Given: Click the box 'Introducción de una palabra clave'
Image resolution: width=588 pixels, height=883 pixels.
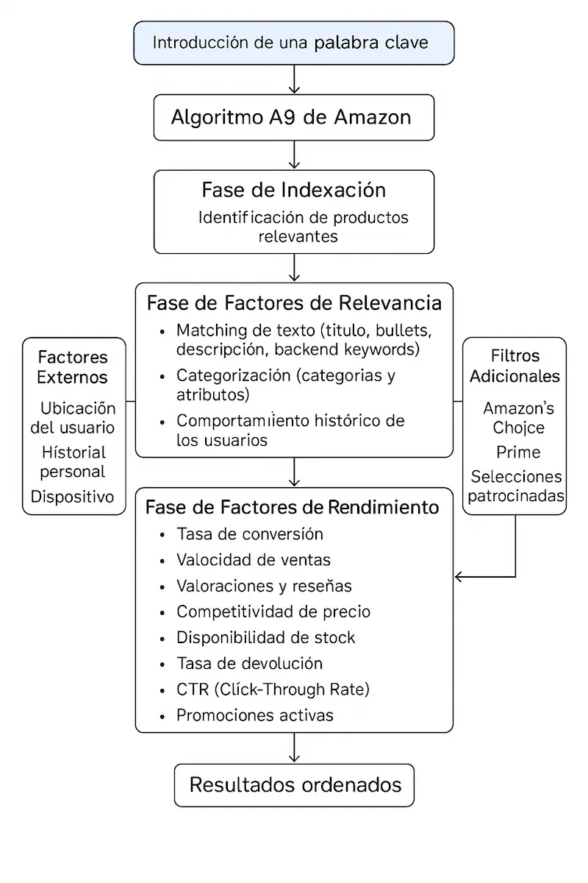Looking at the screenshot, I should pyautogui.click(x=294, y=43).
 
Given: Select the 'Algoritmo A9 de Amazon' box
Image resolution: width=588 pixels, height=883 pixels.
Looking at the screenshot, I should pyautogui.click(x=294, y=117).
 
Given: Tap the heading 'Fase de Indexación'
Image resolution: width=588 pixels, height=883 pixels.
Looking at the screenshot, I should pyautogui.click(x=294, y=190).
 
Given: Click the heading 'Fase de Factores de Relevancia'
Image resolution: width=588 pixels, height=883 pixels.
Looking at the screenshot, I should pyautogui.click(x=294, y=303).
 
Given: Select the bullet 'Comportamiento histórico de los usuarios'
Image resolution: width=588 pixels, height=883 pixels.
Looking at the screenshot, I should pyautogui.click(x=291, y=430).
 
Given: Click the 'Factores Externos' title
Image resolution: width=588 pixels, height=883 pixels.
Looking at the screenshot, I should pyautogui.click(x=73, y=367).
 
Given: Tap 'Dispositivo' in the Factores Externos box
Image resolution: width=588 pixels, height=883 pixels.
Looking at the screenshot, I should pyautogui.click(x=73, y=497).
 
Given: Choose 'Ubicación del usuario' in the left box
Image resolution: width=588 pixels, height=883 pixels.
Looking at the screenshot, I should pyautogui.click(x=78, y=417).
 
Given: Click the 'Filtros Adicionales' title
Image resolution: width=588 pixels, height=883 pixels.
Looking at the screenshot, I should pyautogui.click(x=514, y=366).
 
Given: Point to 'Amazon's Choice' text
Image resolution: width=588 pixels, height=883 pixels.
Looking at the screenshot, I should pyautogui.click(x=519, y=417).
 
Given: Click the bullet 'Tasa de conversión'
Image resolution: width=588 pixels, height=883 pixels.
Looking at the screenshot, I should pyautogui.click(x=250, y=534).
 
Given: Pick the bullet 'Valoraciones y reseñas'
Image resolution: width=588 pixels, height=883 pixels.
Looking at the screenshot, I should pyautogui.click(x=264, y=586).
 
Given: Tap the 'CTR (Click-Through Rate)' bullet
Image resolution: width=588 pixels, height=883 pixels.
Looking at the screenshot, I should pyautogui.click(x=273, y=689).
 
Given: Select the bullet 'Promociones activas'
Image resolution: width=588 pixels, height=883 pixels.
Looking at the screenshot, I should pyautogui.click(x=255, y=715).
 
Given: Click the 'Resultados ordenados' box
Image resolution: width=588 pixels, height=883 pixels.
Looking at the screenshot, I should pyautogui.click(x=294, y=784).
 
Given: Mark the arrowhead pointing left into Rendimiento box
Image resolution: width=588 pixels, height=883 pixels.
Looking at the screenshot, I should pyautogui.click(x=460, y=577).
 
